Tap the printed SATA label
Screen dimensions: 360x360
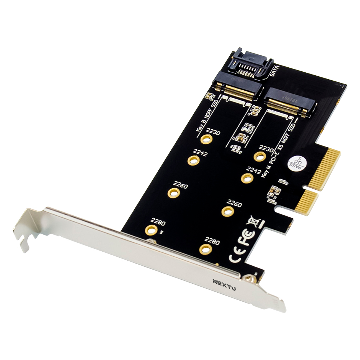pos(274,71)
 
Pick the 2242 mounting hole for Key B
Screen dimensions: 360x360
pos(193,160)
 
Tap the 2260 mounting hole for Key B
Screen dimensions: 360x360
pos(174,193)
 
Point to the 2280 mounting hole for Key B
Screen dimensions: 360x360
pos(152,230)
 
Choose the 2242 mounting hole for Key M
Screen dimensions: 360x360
pos(247,178)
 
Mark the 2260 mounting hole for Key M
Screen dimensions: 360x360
pos(228,211)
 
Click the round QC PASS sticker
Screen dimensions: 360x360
pos(296,164)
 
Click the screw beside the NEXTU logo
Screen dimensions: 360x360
pos(248,278)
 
